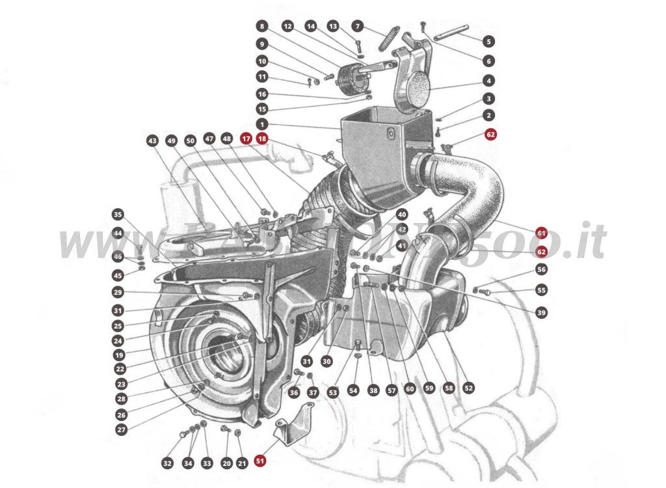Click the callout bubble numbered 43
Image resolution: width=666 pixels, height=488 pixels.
[x=152, y=140]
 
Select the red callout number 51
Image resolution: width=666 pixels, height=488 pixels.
[x=260, y=461]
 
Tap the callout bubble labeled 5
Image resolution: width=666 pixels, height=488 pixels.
[x=488, y=40]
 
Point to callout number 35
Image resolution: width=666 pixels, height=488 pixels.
[x=118, y=214]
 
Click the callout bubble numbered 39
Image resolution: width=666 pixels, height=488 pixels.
[x=541, y=312]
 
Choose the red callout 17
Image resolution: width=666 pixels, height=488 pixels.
[x=246, y=139]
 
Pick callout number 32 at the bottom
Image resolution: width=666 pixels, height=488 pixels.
[x=167, y=463]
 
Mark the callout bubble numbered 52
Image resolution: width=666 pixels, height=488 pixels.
[x=468, y=387]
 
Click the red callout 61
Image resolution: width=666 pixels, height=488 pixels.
[x=541, y=232]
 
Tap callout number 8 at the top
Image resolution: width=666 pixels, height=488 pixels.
[x=262, y=27]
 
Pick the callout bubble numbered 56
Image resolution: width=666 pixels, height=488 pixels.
[x=541, y=269]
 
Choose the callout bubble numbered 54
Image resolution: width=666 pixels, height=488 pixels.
[x=353, y=390]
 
